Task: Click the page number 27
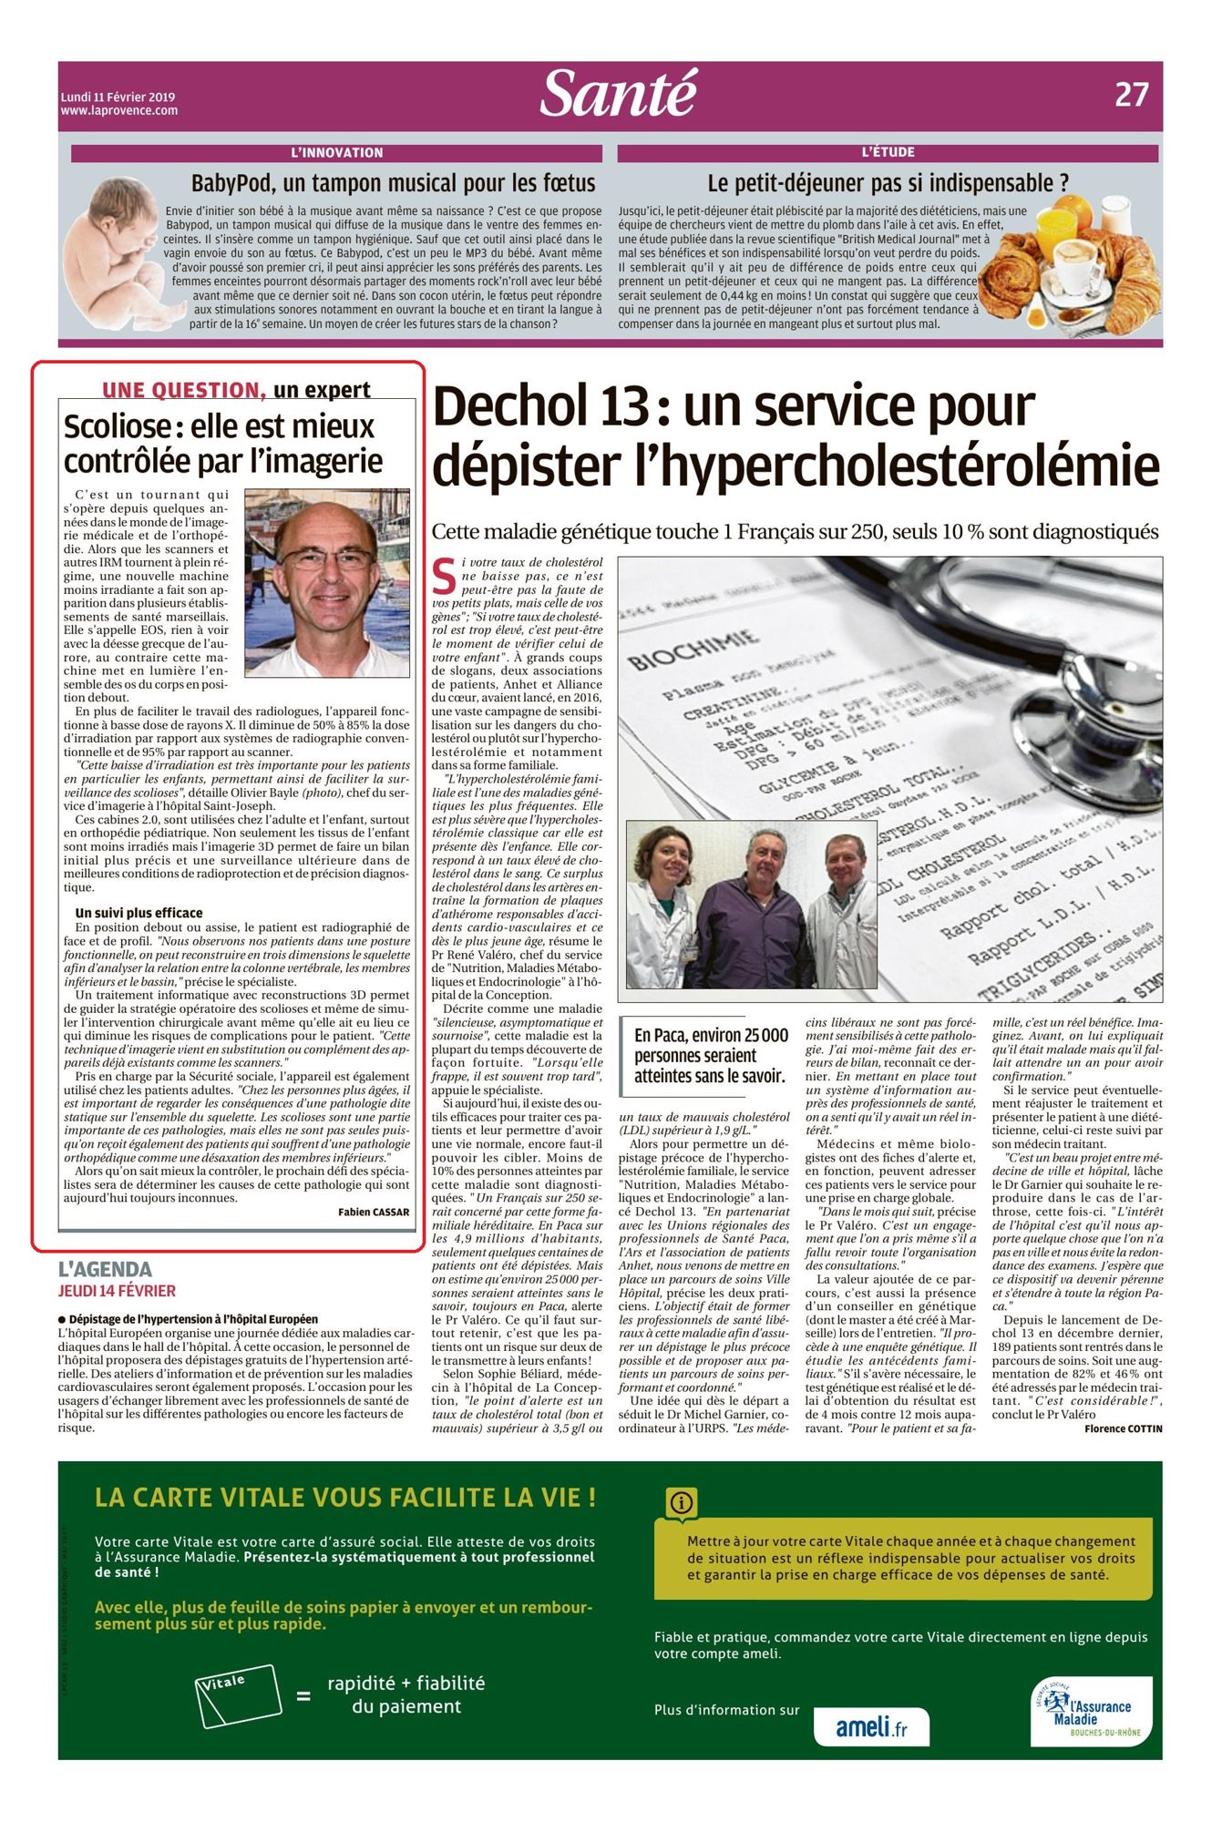(x=1131, y=95)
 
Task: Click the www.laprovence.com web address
(x=119, y=111)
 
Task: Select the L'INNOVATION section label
(x=337, y=153)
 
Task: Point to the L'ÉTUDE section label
(x=888, y=152)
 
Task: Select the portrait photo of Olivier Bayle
(x=326, y=582)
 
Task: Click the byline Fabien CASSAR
(x=374, y=1212)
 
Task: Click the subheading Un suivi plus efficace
(x=139, y=913)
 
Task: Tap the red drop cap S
(x=444, y=576)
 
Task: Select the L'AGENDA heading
(x=105, y=1269)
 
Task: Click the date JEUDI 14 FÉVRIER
(x=117, y=1291)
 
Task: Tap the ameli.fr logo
(x=870, y=1726)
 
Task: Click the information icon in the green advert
(x=681, y=1502)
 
